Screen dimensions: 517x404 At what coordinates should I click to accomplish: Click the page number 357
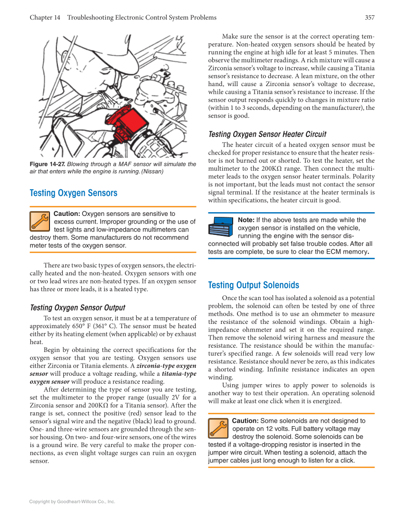click(x=369, y=18)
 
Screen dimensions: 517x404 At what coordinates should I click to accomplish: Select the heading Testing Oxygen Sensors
click(x=73, y=193)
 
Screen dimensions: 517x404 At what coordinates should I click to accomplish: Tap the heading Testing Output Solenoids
click(x=254, y=285)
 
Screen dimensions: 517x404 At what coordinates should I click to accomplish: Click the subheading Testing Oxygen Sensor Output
click(x=78, y=308)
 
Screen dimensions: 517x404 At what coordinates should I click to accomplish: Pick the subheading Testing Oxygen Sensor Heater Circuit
click(x=267, y=134)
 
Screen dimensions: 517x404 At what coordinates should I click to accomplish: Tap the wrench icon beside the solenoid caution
click(x=218, y=428)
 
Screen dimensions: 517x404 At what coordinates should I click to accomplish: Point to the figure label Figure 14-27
click(x=47, y=164)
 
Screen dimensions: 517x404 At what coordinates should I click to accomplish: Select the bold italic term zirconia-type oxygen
click(x=166, y=366)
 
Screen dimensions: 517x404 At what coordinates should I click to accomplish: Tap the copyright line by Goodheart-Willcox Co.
click(x=72, y=501)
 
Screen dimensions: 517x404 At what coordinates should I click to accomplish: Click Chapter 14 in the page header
click(x=45, y=18)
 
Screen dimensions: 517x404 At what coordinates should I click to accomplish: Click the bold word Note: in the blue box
click(x=246, y=220)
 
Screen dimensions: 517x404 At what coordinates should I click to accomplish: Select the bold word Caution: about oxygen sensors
click(x=67, y=214)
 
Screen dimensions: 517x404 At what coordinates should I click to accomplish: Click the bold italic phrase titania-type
click(x=179, y=374)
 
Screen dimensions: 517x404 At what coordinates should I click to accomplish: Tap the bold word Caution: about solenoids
click(x=245, y=421)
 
